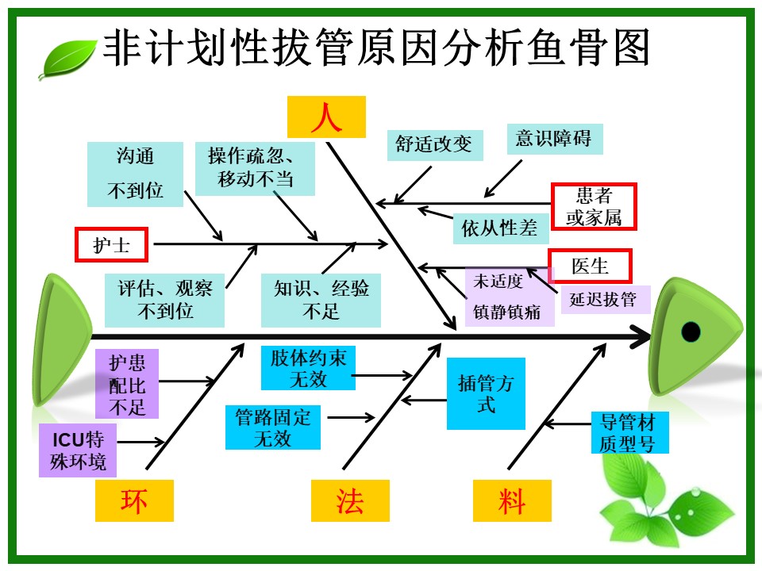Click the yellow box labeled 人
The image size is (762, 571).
point(326,117)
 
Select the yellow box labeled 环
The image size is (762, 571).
point(134,500)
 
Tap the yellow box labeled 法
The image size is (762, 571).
point(350,500)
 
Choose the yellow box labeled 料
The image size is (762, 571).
point(512,500)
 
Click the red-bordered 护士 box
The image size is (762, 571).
point(111,245)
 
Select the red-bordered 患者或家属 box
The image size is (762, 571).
point(594,207)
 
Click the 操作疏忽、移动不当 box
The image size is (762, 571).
point(256,168)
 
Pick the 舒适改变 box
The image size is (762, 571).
point(433,144)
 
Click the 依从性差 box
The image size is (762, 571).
point(500,229)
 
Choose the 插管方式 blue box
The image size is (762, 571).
point(486,393)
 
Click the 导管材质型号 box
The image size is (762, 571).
point(629,432)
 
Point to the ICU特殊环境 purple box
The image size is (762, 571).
point(77,450)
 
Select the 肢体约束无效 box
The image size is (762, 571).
point(308,368)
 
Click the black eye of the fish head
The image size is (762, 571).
point(691,331)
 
